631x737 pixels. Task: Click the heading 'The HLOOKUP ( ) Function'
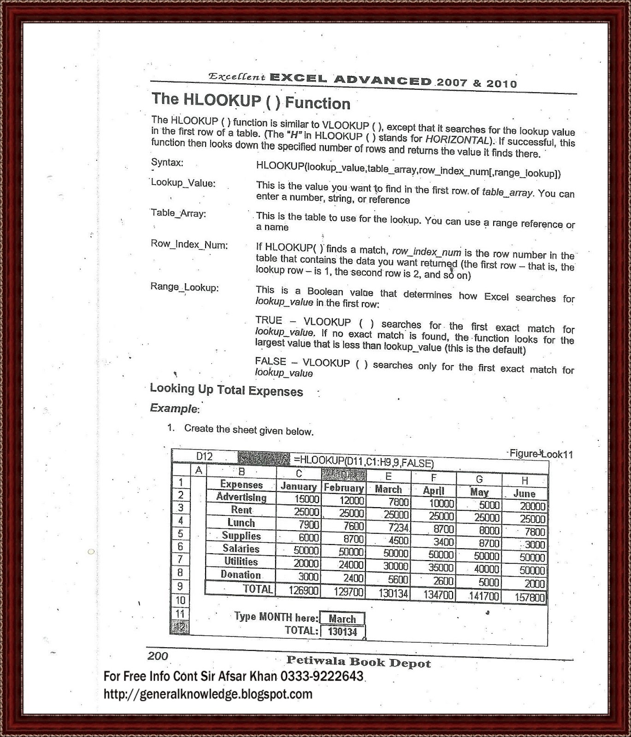(x=251, y=101)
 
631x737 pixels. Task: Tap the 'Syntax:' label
(x=167, y=163)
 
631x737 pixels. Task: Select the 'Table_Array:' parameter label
(x=178, y=213)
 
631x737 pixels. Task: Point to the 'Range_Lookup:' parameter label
(x=184, y=287)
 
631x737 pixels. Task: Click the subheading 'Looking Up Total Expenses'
(x=226, y=390)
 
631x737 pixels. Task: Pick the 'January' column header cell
(x=298, y=486)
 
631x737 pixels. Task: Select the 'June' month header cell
(x=524, y=493)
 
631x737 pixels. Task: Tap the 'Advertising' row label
(x=241, y=497)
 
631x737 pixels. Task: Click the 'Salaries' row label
(x=241, y=549)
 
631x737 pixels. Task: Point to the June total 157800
(x=529, y=598)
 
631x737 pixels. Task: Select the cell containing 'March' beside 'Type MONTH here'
(x=342, y=619)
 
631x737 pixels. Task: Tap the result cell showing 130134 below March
(x=342, y=632)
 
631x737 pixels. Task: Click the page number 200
(x=158, y=656)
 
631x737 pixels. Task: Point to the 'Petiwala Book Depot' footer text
(x=358, y=662)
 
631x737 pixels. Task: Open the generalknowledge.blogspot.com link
(x=208, y=694)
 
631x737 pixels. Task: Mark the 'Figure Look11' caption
(x=541, y=454)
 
